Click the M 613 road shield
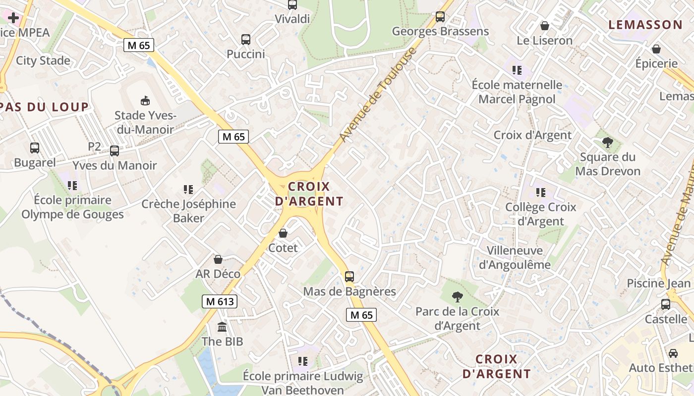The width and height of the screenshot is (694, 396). coord(220,301)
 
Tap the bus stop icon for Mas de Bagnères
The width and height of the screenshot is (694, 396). coord(349,276)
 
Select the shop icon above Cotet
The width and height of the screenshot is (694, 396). coord(283,233)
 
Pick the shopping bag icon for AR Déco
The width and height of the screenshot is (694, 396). coord(218,259)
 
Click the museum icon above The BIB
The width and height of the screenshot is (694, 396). coord(222,327)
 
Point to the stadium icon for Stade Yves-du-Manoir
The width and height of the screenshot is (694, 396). coord(145,100)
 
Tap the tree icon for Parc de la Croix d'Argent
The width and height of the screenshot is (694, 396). coord(457,297)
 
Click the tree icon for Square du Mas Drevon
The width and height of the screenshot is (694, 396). coord(607,143)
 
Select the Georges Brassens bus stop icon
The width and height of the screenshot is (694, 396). coord(440,17)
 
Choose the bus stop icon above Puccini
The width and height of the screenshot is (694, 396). coord(246,40)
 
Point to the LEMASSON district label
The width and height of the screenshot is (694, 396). coord(645,25)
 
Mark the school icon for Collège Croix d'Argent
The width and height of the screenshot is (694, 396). coord(540,192)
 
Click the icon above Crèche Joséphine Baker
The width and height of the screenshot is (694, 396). coord(188,189)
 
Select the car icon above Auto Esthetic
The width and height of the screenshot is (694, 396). coord(673,353)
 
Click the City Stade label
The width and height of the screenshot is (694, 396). coord(43,61)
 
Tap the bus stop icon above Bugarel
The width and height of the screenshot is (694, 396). coord(35,148)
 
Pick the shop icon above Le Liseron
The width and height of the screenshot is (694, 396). coord(544,26)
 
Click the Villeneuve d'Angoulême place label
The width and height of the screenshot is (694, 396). coord(515,257)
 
